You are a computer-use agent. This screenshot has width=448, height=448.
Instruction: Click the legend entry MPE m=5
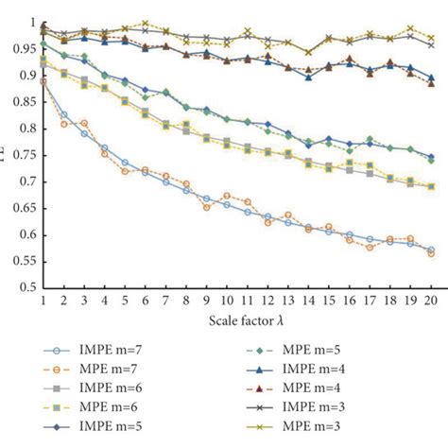tap(335, 350)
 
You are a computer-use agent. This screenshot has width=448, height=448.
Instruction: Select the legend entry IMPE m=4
tap(336, 370)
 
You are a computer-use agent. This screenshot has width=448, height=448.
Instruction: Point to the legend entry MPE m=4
tap(335, 391)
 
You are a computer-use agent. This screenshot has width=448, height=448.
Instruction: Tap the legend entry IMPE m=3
tap(336, 412)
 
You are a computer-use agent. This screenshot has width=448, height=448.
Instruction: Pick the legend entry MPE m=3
tap(335, 433)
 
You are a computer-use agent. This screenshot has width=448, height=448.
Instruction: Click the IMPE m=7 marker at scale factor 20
tap(431, 250)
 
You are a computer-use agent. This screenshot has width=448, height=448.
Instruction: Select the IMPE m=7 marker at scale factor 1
tap(43, 81)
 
